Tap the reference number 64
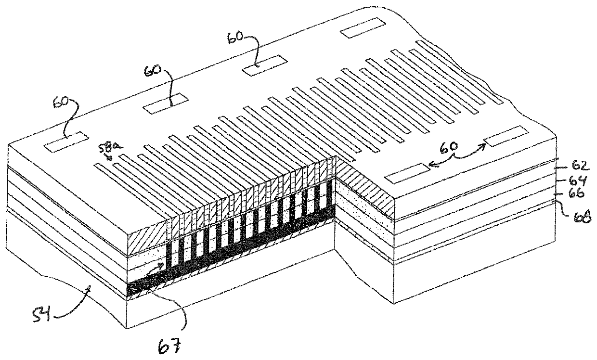pyautogui.click(x=577, y=180)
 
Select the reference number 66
pyautogui.click(x=576, y=193)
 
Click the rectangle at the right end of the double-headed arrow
pyautogui.click(x=506, y=136)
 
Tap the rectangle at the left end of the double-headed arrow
pyautogui.click(x=408, y=173)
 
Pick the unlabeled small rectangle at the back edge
pyautogui.click(x=363, y=28)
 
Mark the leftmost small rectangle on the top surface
pyautogui.click(x=66, y=142)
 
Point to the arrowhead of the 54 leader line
pyautogui.click(x=90, y=288)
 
